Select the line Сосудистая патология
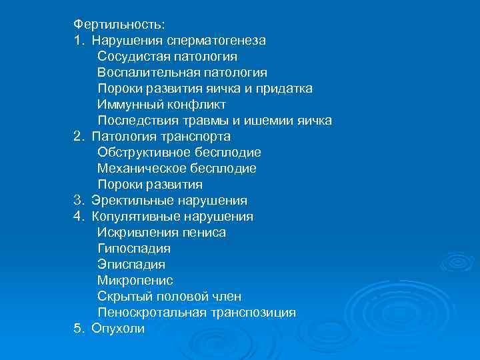(167, 57)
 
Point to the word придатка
(284, 89)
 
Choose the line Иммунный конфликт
(161, 105)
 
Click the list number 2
(77, 137)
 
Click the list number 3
(77, 201)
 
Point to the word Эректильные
(132, 201)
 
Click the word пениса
(203, 233)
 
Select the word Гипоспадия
(133, 249)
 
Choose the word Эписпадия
(131, 265)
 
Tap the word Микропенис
(135, 281)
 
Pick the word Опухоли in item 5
(118, 329)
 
